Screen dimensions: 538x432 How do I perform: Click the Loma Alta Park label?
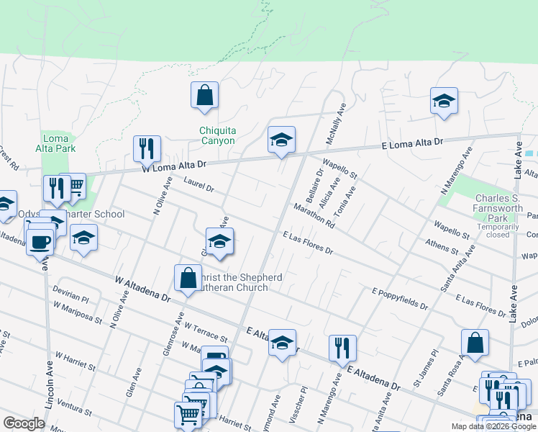click(x=55, y=144)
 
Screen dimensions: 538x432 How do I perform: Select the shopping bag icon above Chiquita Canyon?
click(x=204, y=96)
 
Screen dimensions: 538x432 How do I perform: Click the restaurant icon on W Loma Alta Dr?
click(x=147, y=150)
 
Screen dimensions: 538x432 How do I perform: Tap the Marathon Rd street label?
click(x=314, y=215)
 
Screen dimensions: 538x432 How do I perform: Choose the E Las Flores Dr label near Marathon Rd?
click(x=308, y=243)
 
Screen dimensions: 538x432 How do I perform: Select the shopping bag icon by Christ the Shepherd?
click(x=188, y=279)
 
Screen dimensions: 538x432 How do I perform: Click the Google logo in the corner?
click(x=24, y=423)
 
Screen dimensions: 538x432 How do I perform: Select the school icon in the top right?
click(x=444, y=102)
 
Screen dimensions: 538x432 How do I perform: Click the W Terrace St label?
click(x=206, y=332)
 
